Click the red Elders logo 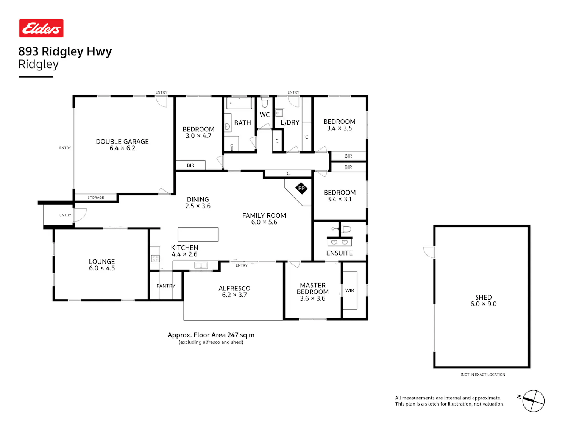41,28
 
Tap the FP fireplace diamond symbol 301,188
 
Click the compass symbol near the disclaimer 533,401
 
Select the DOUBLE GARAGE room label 122,142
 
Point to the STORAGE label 96,197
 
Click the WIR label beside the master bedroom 350,290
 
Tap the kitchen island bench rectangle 198,234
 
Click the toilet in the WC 264,101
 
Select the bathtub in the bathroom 239,103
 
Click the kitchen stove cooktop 155,258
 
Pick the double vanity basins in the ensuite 339,242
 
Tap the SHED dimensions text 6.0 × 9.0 483,304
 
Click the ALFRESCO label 234,289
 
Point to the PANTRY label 165,286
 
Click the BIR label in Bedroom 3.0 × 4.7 190,165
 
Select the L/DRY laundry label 290,122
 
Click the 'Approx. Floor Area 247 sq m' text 211,335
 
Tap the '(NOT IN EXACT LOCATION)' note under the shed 483,375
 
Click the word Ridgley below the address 39,64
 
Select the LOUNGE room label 102,262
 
